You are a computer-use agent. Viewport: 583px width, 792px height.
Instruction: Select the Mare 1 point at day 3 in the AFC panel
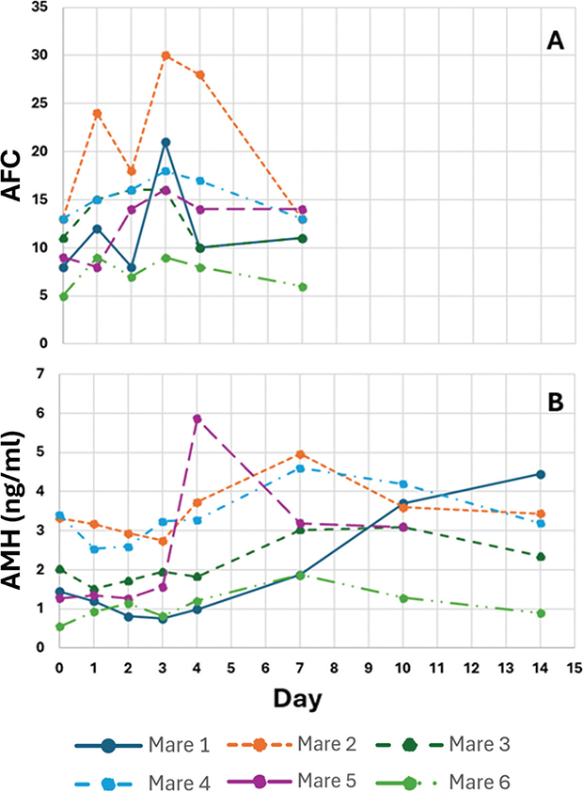(165, 142)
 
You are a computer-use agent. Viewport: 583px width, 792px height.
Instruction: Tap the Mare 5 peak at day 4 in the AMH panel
(197, 419)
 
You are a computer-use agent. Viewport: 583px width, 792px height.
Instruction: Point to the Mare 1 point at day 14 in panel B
(540, 474)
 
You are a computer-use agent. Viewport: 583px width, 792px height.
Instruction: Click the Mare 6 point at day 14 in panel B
(540, 613)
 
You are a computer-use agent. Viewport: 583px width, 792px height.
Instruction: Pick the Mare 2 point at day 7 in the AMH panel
(300, 454)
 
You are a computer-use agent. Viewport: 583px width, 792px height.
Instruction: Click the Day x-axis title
(300, 699)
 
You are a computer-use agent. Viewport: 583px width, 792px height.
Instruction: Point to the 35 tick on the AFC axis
(39, 8)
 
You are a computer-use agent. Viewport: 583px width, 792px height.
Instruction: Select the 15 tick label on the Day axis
(574, 668)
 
